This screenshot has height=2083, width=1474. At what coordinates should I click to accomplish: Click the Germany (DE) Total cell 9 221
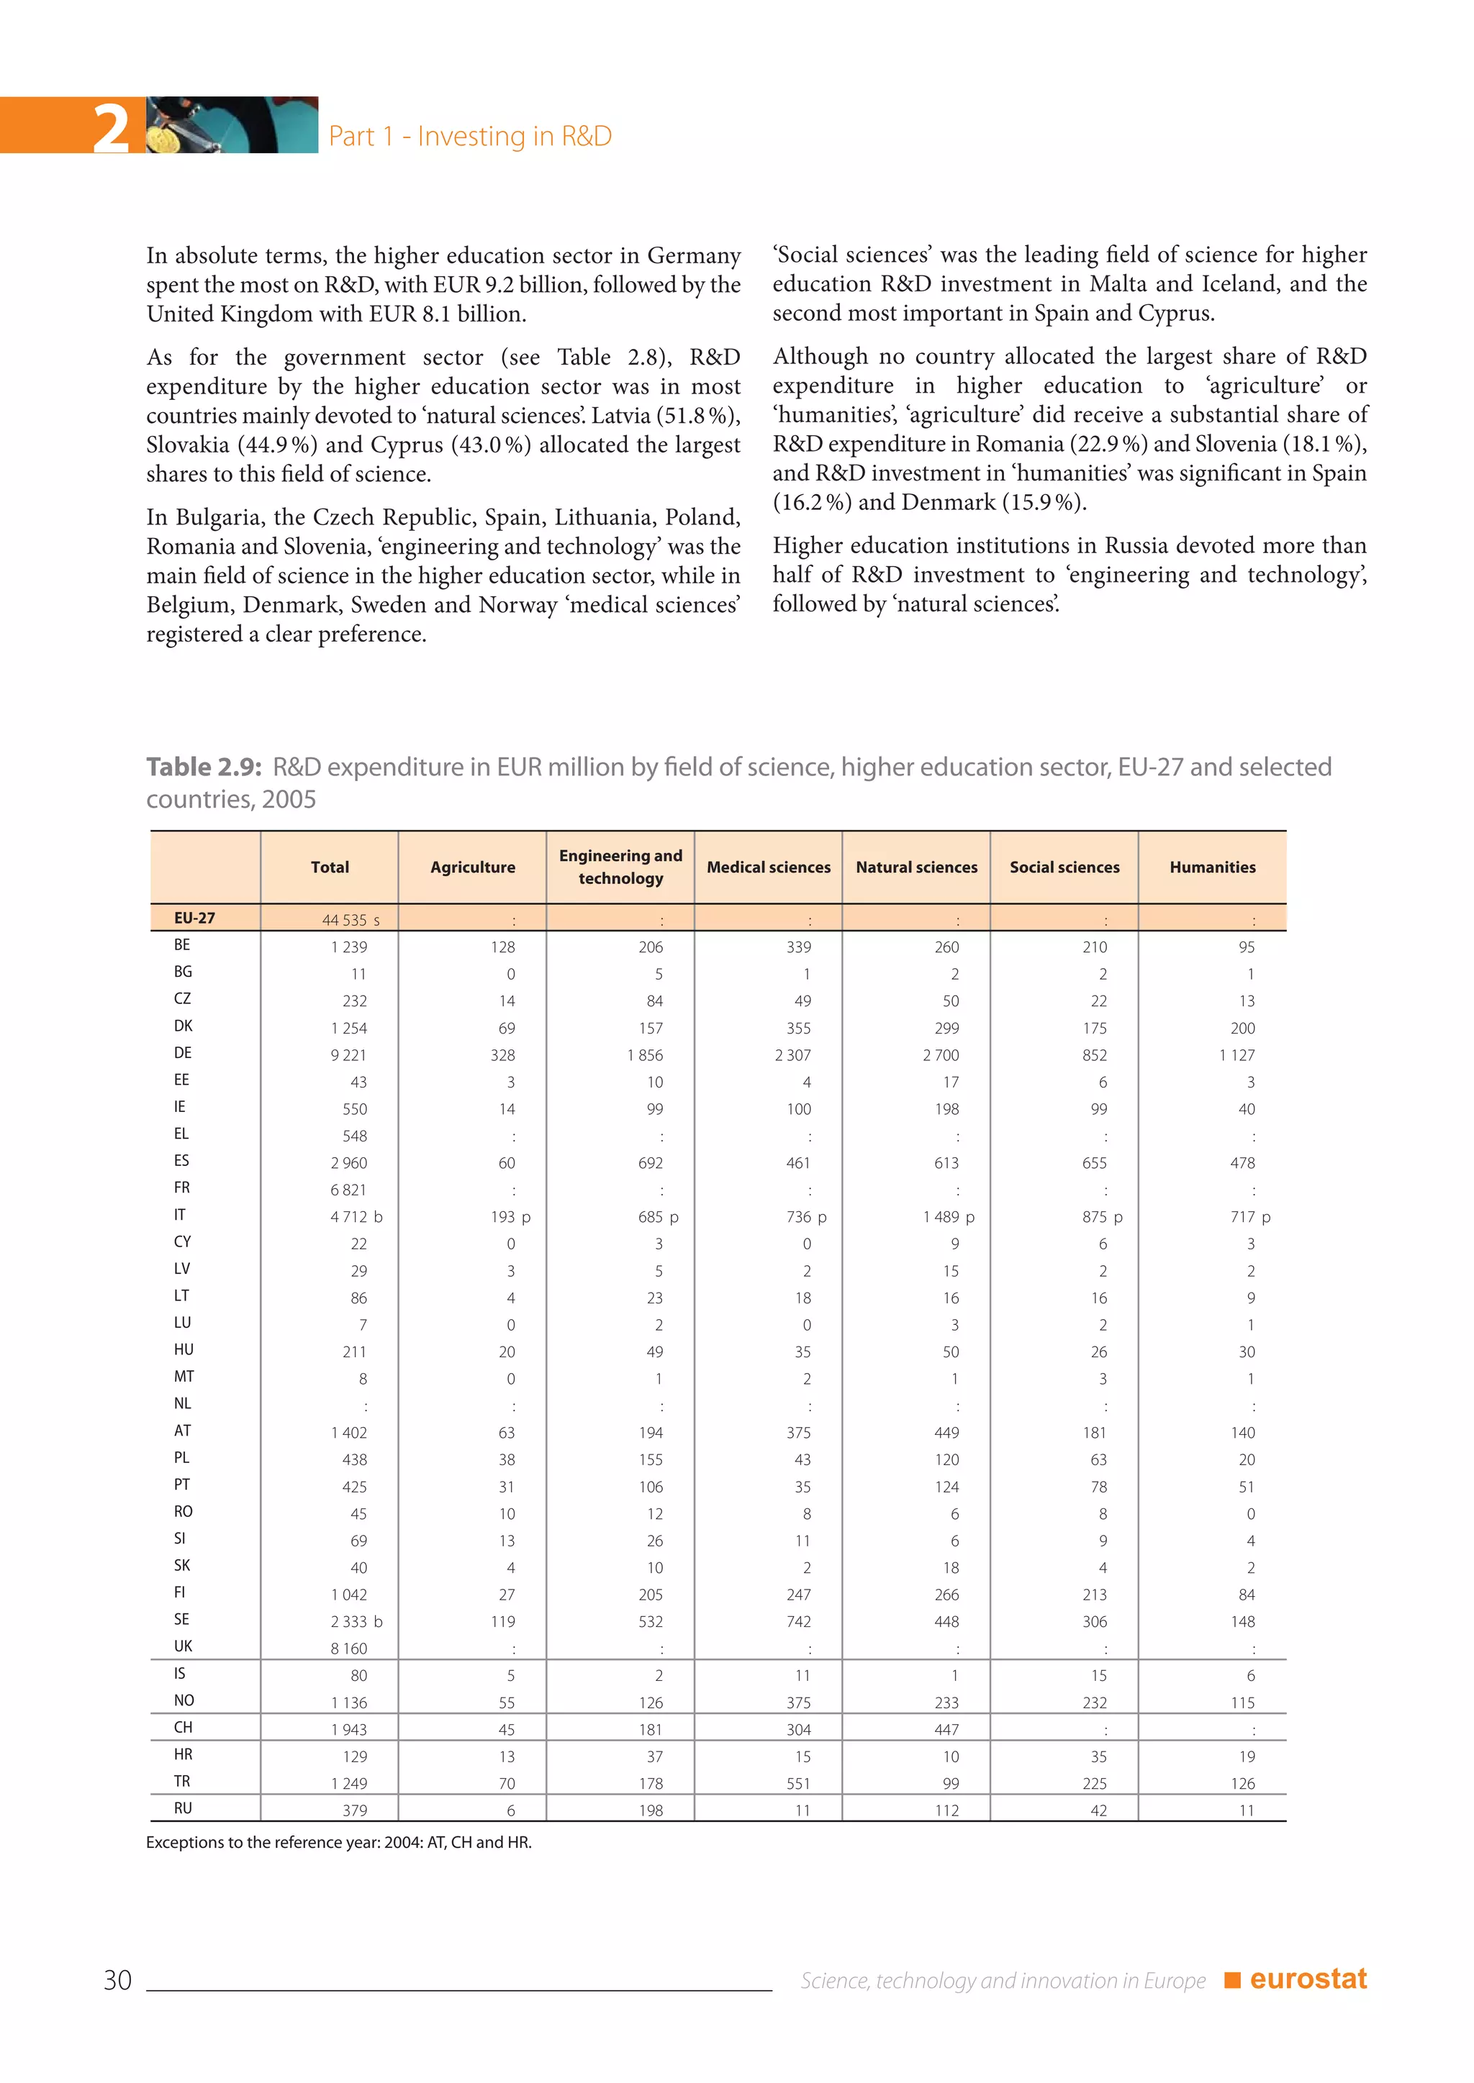(x=348, y=1055)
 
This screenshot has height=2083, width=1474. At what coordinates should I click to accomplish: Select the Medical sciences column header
(x=768, y=867)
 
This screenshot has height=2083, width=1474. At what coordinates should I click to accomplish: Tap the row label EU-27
(x=194, y=918)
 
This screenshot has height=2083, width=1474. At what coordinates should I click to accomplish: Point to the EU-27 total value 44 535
(x=344, y=920)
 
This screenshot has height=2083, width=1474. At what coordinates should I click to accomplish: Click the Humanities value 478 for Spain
(x=1242, y=1163)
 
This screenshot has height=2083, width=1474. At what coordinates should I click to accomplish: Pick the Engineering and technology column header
(x=620, y=867)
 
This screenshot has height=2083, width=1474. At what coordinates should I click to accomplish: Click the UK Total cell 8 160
(x=348, y=1649)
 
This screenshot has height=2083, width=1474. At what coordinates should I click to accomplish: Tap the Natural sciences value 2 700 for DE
(x=940, y=1055)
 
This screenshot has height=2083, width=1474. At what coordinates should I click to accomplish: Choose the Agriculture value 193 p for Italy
(x=510, y=1216)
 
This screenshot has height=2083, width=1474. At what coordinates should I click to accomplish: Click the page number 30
(x=118, y=1979)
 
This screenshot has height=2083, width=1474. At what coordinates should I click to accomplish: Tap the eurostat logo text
(x=1307, y=1979)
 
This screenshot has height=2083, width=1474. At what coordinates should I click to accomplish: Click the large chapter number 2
(x=111, y=128)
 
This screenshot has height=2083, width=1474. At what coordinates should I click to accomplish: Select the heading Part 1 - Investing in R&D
(x=469, y=136)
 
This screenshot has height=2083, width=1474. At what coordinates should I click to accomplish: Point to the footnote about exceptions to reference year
(x=338, y=1843)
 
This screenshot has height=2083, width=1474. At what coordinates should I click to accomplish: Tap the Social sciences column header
(x=1064, y=867)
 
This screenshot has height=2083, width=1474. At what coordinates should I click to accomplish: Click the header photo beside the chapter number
(x=232, y=124)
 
